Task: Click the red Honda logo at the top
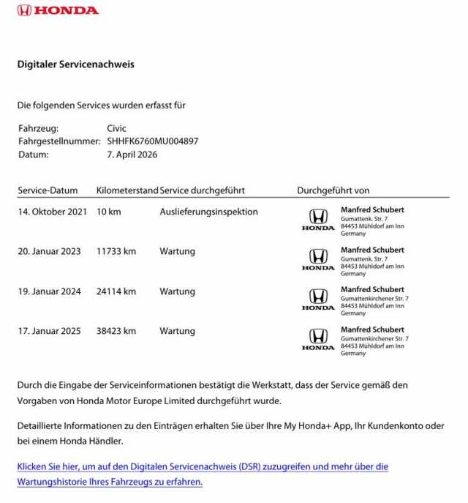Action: click(x=58, y=10)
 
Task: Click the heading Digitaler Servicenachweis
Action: click(x=75, y=64)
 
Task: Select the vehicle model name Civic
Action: click(x=116, y=128)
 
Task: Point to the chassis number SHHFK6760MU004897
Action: click(x=152, y=141)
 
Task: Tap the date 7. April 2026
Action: click(x=132, y=154)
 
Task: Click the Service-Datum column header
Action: click(x=48, y=190)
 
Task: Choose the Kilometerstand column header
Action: click(x=127, y=190)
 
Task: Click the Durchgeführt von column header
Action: click(x=333, y=190)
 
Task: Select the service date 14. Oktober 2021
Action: click(x=52, y=212)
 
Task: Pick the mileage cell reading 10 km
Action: click(x=108, y=212)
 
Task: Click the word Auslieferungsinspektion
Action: click(x=208, y=212)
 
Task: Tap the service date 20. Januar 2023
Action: click(x=49, y=251)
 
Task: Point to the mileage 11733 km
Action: click(x=116, y=251)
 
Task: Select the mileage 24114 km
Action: click(x=116, y=291)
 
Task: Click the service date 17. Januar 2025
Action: click(x=49, y=331)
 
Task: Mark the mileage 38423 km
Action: click(x=116, y=331)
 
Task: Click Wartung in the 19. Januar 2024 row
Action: click(x=177, y=291)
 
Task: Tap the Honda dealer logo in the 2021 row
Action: click(x=318, y=219)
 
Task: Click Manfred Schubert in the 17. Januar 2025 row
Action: click(x=372, y=329)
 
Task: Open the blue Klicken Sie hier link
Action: click(x=203, y=466)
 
